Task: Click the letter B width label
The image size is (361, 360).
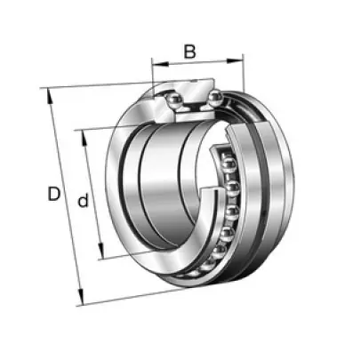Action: click(190, 52)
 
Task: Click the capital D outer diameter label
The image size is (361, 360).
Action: click(54, 194)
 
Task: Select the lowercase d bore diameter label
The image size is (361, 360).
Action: click(83, 200)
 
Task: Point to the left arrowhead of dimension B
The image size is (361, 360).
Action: click(160, 63)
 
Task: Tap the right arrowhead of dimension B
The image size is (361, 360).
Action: click(235, 60)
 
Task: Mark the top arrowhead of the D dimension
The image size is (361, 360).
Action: click(49, 97)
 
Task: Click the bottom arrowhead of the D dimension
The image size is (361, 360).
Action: click(81, 297)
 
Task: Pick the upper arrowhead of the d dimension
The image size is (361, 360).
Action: click(84, 139)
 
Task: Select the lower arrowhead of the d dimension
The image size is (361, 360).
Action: click(100, 251)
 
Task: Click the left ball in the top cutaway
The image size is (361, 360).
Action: click(173, 100)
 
